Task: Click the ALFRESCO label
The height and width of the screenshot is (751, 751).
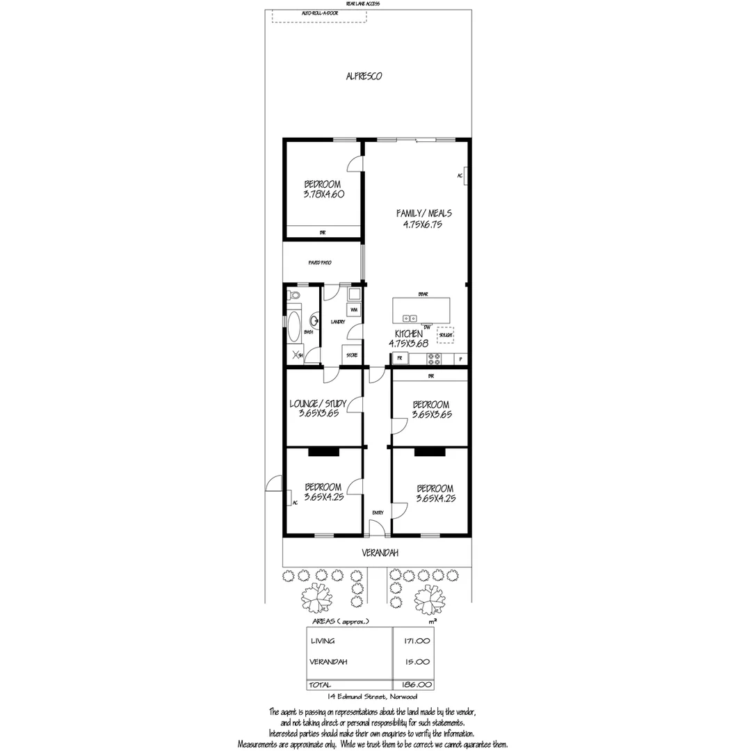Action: pos(364,76)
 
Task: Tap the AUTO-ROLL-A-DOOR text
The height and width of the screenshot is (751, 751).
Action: pos(319,13)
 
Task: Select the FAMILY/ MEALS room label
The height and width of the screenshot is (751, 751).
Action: pos(419,213)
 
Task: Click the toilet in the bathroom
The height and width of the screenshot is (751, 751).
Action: pos(294,297)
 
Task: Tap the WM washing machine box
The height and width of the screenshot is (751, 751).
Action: pos(354,309)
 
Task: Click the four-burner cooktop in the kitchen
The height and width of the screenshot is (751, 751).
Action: pos(435,359)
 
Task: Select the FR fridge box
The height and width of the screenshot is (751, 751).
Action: pos(400,359)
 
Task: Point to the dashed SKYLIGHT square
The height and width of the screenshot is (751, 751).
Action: pos(445,334)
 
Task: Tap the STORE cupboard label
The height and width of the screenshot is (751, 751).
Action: pos(353,355)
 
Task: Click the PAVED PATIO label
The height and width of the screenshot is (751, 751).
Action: pos(320,263)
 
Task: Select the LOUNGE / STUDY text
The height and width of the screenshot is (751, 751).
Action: pos(318,403)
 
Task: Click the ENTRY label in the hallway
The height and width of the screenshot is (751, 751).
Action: pos(378,512)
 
